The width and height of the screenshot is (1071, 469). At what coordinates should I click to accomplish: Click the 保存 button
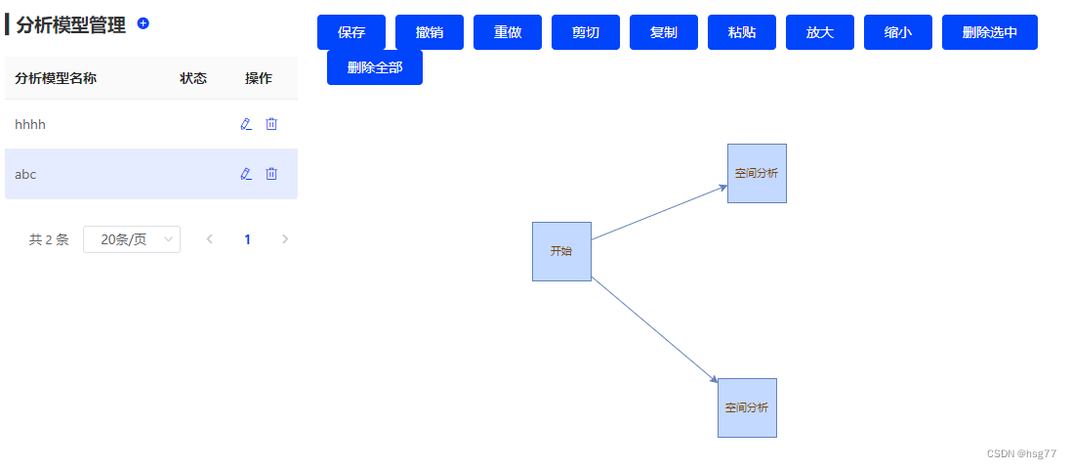351,32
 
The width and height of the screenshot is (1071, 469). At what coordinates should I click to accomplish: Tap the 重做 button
508,32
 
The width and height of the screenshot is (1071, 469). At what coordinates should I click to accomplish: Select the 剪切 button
586,32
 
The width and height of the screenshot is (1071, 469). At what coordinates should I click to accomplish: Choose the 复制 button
664,32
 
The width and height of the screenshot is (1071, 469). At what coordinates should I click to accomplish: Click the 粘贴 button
742,32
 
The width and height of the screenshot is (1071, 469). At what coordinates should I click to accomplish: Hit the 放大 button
820,32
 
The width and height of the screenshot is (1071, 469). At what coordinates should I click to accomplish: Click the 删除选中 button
990,32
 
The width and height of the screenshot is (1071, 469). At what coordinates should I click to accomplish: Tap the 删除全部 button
375,67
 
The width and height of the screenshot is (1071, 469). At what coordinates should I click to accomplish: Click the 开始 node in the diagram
561,251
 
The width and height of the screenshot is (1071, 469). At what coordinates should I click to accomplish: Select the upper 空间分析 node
757,173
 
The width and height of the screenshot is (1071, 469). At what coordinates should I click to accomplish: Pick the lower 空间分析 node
747,407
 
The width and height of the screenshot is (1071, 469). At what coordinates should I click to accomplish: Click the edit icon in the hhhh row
246,124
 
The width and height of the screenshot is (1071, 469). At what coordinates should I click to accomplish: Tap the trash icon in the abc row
271,174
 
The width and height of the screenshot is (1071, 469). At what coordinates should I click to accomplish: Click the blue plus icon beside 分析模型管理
144,22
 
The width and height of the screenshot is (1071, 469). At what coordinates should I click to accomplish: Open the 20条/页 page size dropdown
132,239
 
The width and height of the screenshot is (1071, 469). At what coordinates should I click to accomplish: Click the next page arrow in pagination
285,239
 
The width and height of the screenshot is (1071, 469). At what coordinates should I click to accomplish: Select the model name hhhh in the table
30,124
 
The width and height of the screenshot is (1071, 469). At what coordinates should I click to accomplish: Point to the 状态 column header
193,78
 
